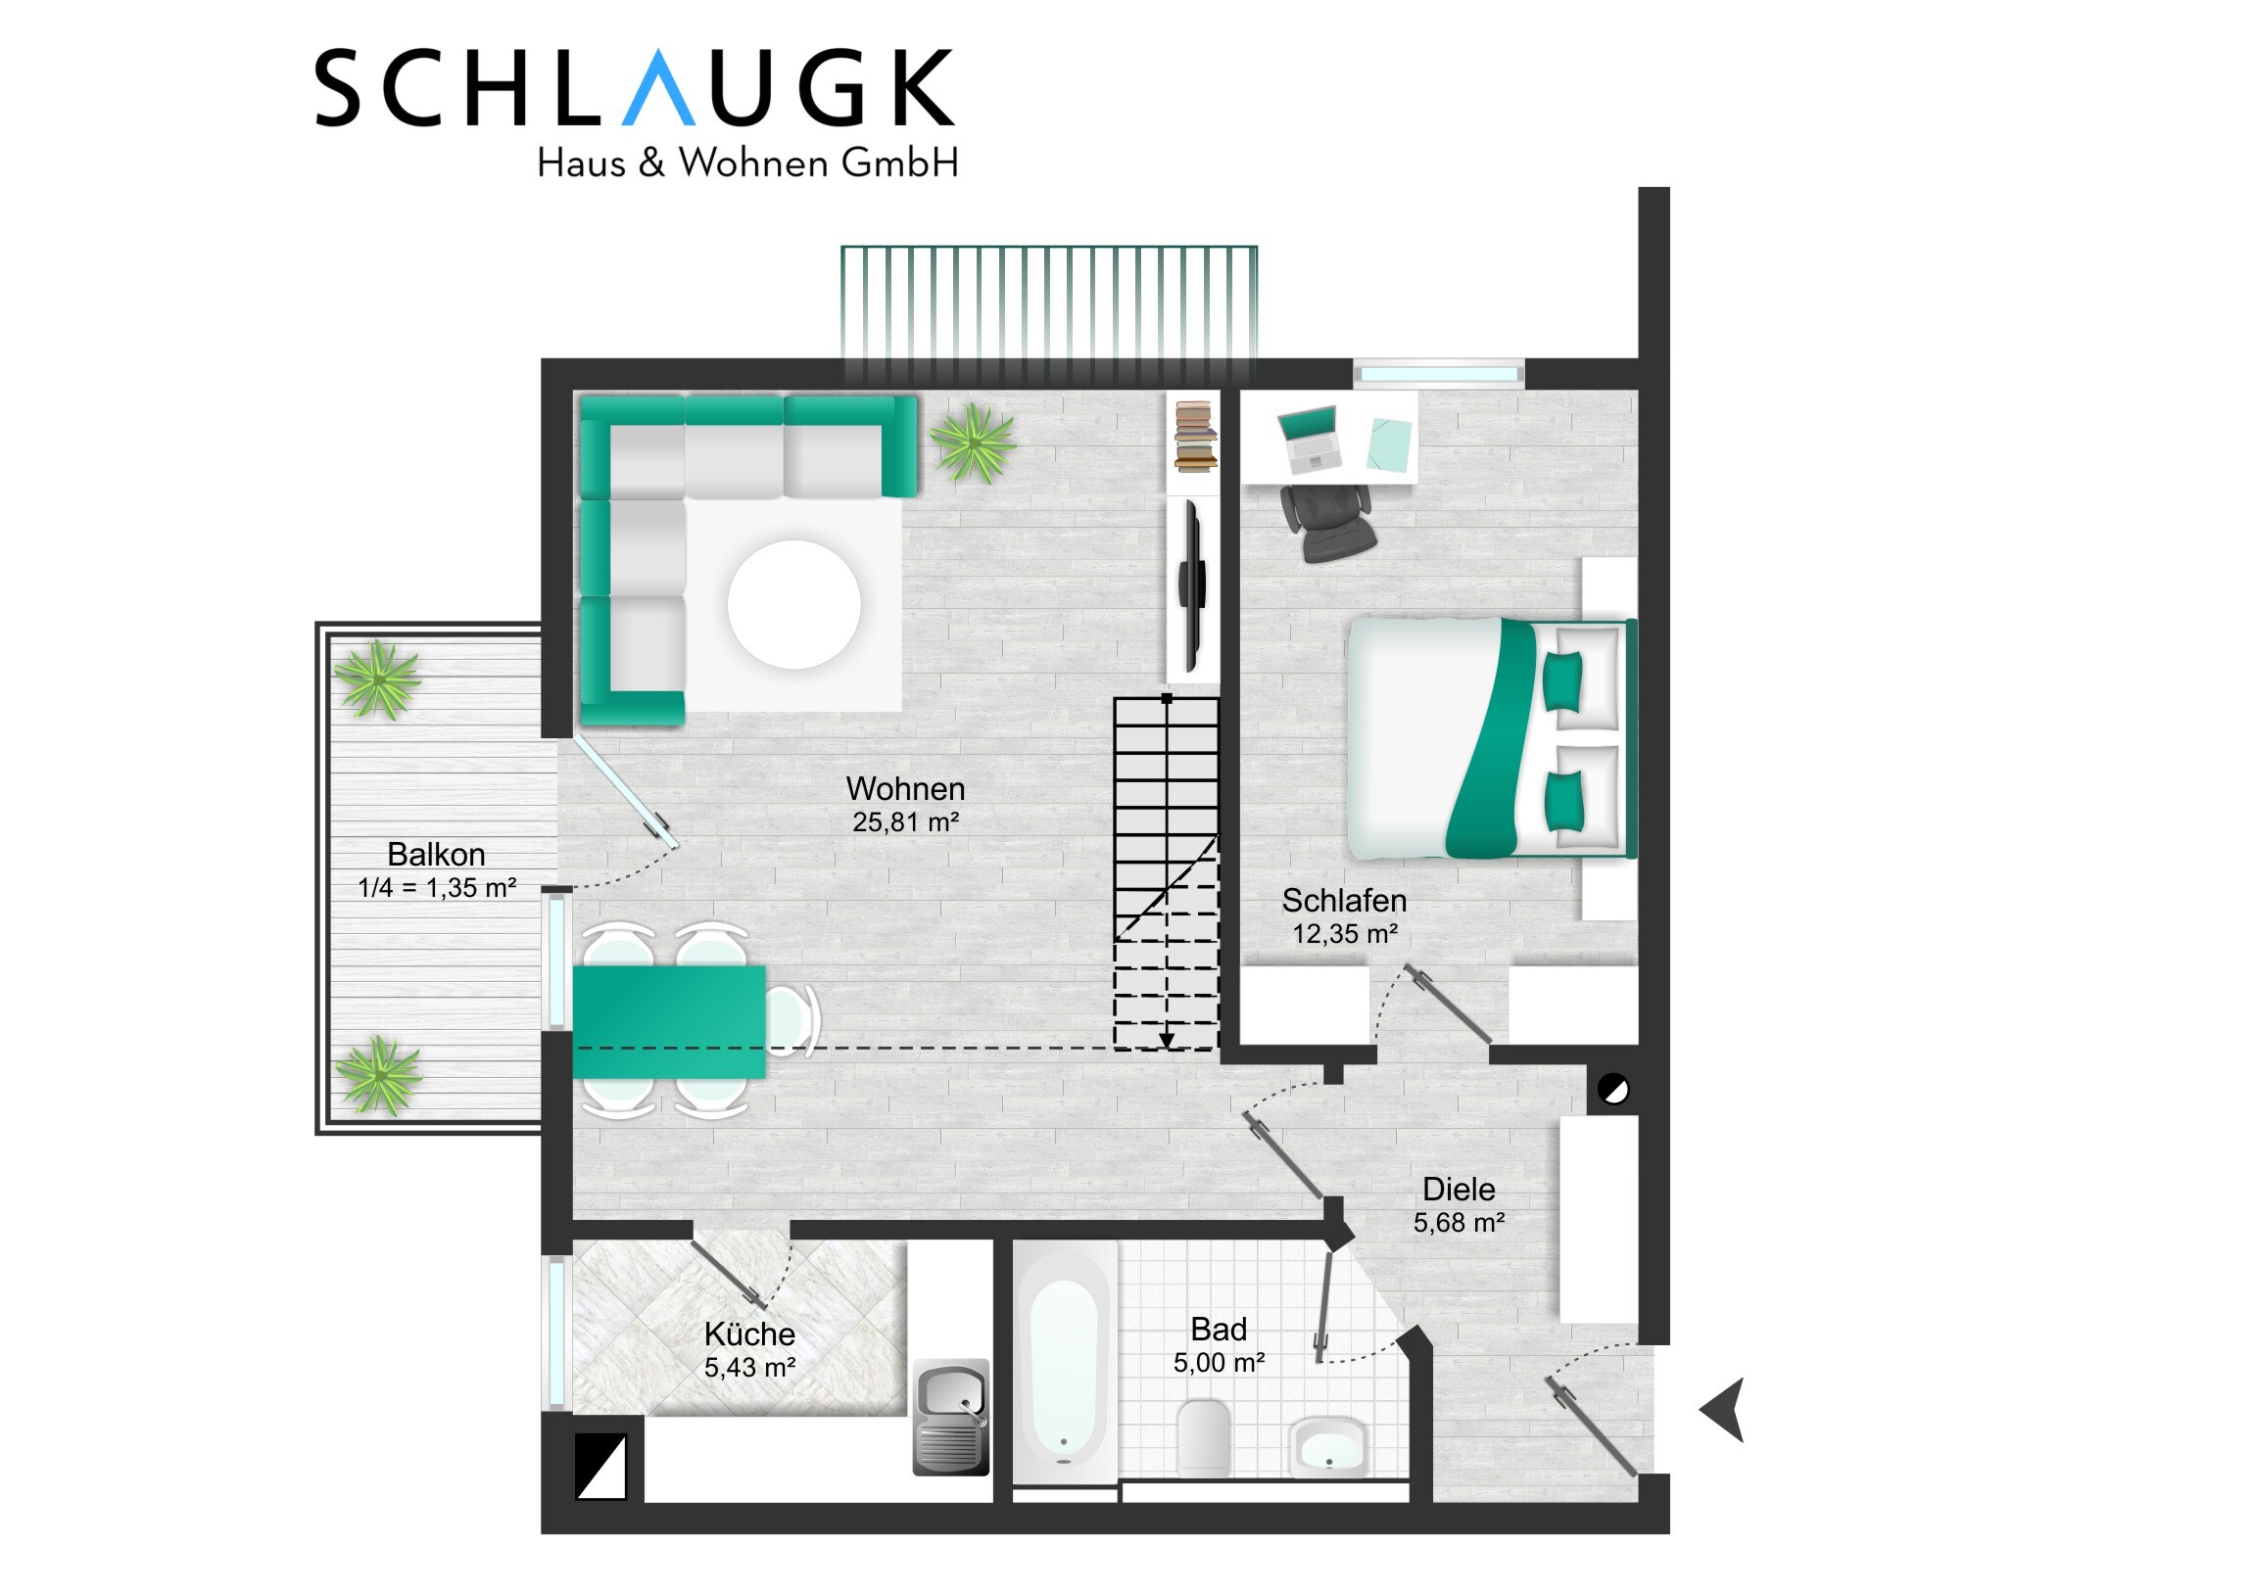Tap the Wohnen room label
pos(905,788)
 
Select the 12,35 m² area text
pos(1344,934)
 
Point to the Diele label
pos(1459,1190)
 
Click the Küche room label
pos(748,1334)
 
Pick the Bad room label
pos(1218,1330)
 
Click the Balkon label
pos(436,855)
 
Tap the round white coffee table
pos(793,604)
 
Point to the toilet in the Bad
pos(1203,1436)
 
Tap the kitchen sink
pos(951,1417)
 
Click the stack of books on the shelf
pos(1195,436)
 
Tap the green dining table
pos(669,1022)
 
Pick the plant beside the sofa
pos(973,444)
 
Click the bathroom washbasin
pos(1327,1447)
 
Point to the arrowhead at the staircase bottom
pos(1167,1041)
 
